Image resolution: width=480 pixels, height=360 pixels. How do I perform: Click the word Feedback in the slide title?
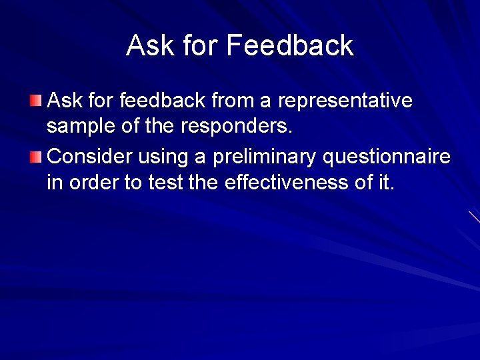pyautogui.click(x=290, y=45)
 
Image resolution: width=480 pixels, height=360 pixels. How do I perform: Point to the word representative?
pyautogui.click(x=345, y=101)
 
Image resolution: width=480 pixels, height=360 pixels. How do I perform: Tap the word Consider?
pyautogui.click(x=91, y=157)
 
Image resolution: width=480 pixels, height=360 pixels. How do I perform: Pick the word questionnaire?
pyautogui.click(x=387, y=157)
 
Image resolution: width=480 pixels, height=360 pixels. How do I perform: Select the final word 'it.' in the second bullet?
pyautogui.click(x=386, y=182)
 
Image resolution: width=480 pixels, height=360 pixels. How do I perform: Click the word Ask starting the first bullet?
pyautogui.click(x=65, y=101)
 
